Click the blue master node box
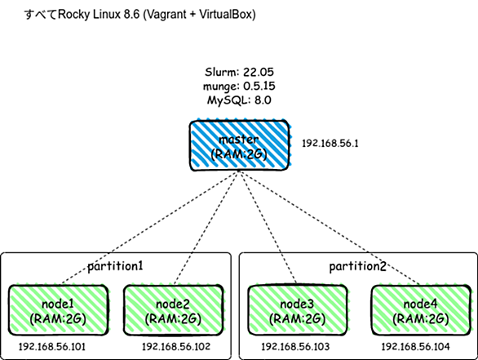click(x=240, y=145)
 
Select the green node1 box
click(x=58, y=310)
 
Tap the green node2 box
click(x=174, y=310)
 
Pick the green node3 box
click(x=298, y=310)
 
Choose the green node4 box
click(x=421, y=310)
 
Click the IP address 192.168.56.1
click(x=330, y=144)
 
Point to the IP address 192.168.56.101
click(x=52, y=347)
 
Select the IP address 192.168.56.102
click(x=176, y=347)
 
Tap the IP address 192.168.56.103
click(x=295, y=347)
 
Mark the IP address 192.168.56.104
click(x=415, y=347)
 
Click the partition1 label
click(x=115, y=266)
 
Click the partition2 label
click(x=357, y=266)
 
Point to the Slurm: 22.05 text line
click(x=239, y=73)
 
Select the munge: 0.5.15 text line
click(x=239, y=87)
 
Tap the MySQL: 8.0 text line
click(x=239, y=100)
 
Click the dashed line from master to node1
click(x=149, y=228)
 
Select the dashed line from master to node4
click(x=330, y=228)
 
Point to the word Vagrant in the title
click(x=165, y=15)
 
